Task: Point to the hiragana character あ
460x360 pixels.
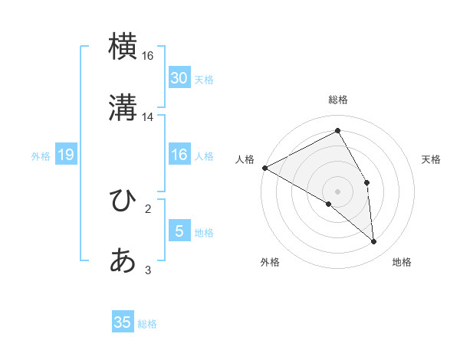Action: (x=123, y=261)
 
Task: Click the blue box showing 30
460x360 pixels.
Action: (x=179, y=77)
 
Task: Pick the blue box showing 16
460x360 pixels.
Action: (x=179, y=155)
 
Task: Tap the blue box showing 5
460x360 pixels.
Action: (x=179, y=231)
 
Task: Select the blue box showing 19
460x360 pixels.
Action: (x=65, y=155)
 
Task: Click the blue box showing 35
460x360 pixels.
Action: (x=123, y=322)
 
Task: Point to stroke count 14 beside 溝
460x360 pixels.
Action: (x=148, y=117)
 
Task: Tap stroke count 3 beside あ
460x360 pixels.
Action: (x=148, y=270)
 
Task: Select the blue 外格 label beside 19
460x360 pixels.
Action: (x=41, y=156)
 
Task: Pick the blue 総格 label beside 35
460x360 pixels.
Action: (x=147, y=324)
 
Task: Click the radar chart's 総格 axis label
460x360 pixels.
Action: (x=337, y=100)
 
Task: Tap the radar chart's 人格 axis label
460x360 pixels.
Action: (x=245, y=159)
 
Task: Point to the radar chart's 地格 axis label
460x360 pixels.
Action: (x=402, y=262)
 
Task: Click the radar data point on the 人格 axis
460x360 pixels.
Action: (x=264, y=168)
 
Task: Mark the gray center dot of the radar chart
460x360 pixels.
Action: (x=337, y=191)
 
